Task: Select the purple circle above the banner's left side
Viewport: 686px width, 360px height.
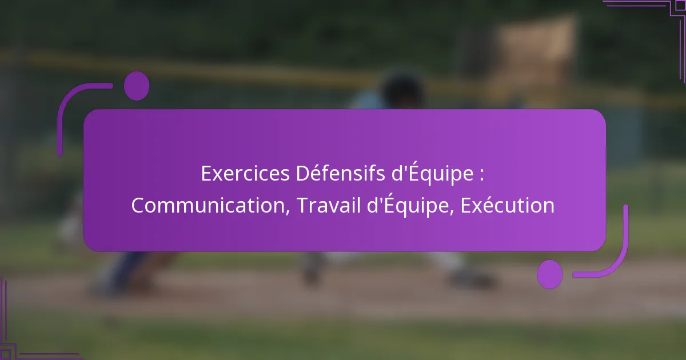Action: pos(136,86)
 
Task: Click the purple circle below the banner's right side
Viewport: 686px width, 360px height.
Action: pos(549,274)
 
